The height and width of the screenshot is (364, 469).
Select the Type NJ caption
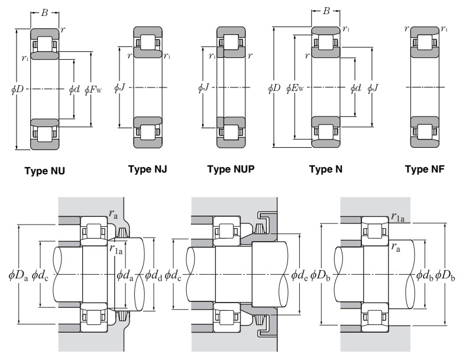pyautogui.click(x=148, y=170)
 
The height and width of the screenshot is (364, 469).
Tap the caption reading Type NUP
pyautogui.click(x=230, y=170)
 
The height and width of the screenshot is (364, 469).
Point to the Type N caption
pyautogui.click(x=326, y=170)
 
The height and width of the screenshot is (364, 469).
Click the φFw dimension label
pyautogui.click(x=93, y=90)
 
